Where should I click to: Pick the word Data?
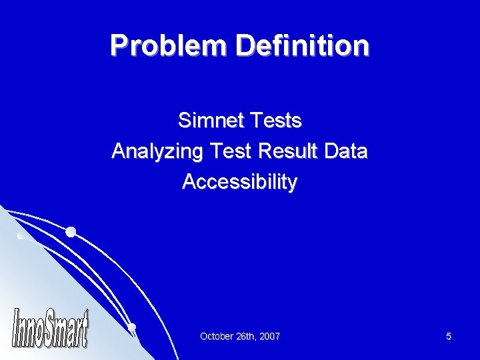(x=347, y=151)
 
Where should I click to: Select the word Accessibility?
(x=239, y=182)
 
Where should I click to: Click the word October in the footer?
(x=217, y=337)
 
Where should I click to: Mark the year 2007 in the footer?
(x=270, y=337)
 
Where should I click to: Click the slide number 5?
(x=449, y=337)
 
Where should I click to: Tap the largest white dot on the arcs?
(x=71, y=232)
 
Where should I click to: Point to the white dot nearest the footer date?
(x=132, y=326)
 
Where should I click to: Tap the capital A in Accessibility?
(x=189, y=182)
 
